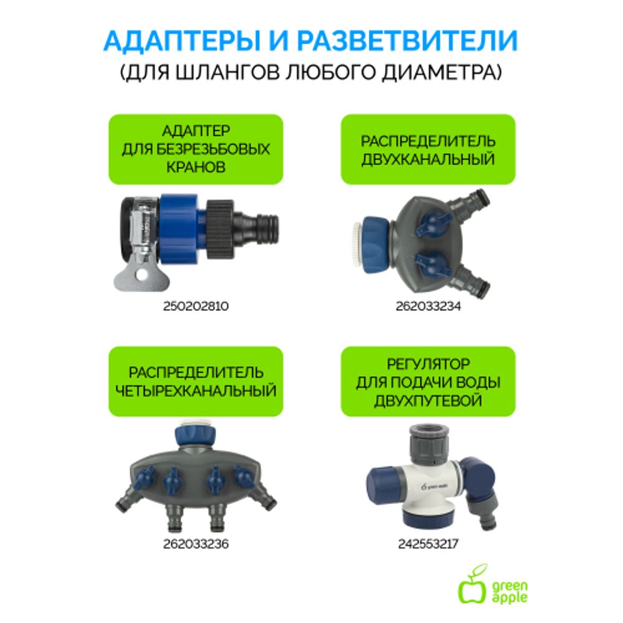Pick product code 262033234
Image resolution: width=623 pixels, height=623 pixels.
pyautogui.click(x=428, y=307)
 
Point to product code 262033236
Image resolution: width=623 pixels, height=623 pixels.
pyautogui.click(x=196, y=544)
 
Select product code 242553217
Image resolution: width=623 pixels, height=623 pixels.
pyautogui.click(x=428, y=544)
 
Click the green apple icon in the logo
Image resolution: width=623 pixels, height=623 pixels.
pyautogui.click(x=472, y=587)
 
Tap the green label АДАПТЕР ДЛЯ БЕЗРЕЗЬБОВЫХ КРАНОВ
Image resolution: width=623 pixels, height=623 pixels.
pyautogui.click(x=196, y=150)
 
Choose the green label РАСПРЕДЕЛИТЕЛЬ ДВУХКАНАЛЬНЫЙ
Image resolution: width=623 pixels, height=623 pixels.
pyautogui.click(x=428, y=150)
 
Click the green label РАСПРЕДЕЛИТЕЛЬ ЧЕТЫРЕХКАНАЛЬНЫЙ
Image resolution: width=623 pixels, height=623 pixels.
pyautogui.click(x=196, y=381)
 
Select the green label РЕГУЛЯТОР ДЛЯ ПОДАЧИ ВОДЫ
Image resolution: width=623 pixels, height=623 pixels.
pyautogui.click(x=428, y=381)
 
